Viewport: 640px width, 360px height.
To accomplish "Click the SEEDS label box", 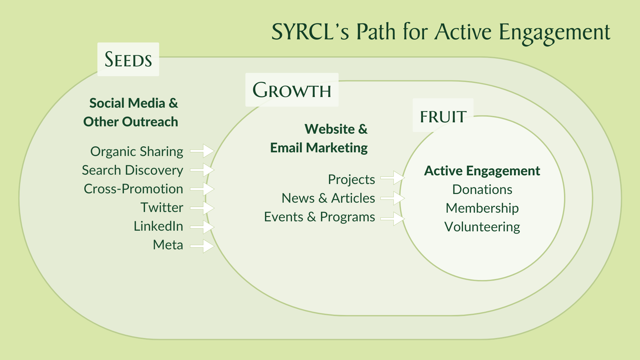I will [x=128, y=59].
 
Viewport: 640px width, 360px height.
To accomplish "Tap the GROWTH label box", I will [x=292, y=90].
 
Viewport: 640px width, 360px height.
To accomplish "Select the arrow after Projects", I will [x=393, y=178].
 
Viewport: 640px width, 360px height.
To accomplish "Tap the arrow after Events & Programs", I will [x=393, y=219].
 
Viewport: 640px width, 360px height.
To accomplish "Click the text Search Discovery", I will [x=132, y=170].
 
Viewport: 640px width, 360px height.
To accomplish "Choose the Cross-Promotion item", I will [x=133, y=189].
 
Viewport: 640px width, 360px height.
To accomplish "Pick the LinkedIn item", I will [x=158, y=226].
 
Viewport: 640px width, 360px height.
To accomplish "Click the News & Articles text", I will [x=328, y=198].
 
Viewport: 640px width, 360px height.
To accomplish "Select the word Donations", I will [x=482, y=190].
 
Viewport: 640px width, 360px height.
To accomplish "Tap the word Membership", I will [x=482, y=208].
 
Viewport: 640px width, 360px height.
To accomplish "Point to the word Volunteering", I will [x=482, y=227].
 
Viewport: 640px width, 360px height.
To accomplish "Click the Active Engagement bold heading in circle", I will [x=482, y=171].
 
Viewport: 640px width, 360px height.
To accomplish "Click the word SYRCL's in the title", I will [x=310, y=32].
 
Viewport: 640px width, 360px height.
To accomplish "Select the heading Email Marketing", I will [x=319, y=148].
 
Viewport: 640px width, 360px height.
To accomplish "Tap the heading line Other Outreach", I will [x=131, y=122].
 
